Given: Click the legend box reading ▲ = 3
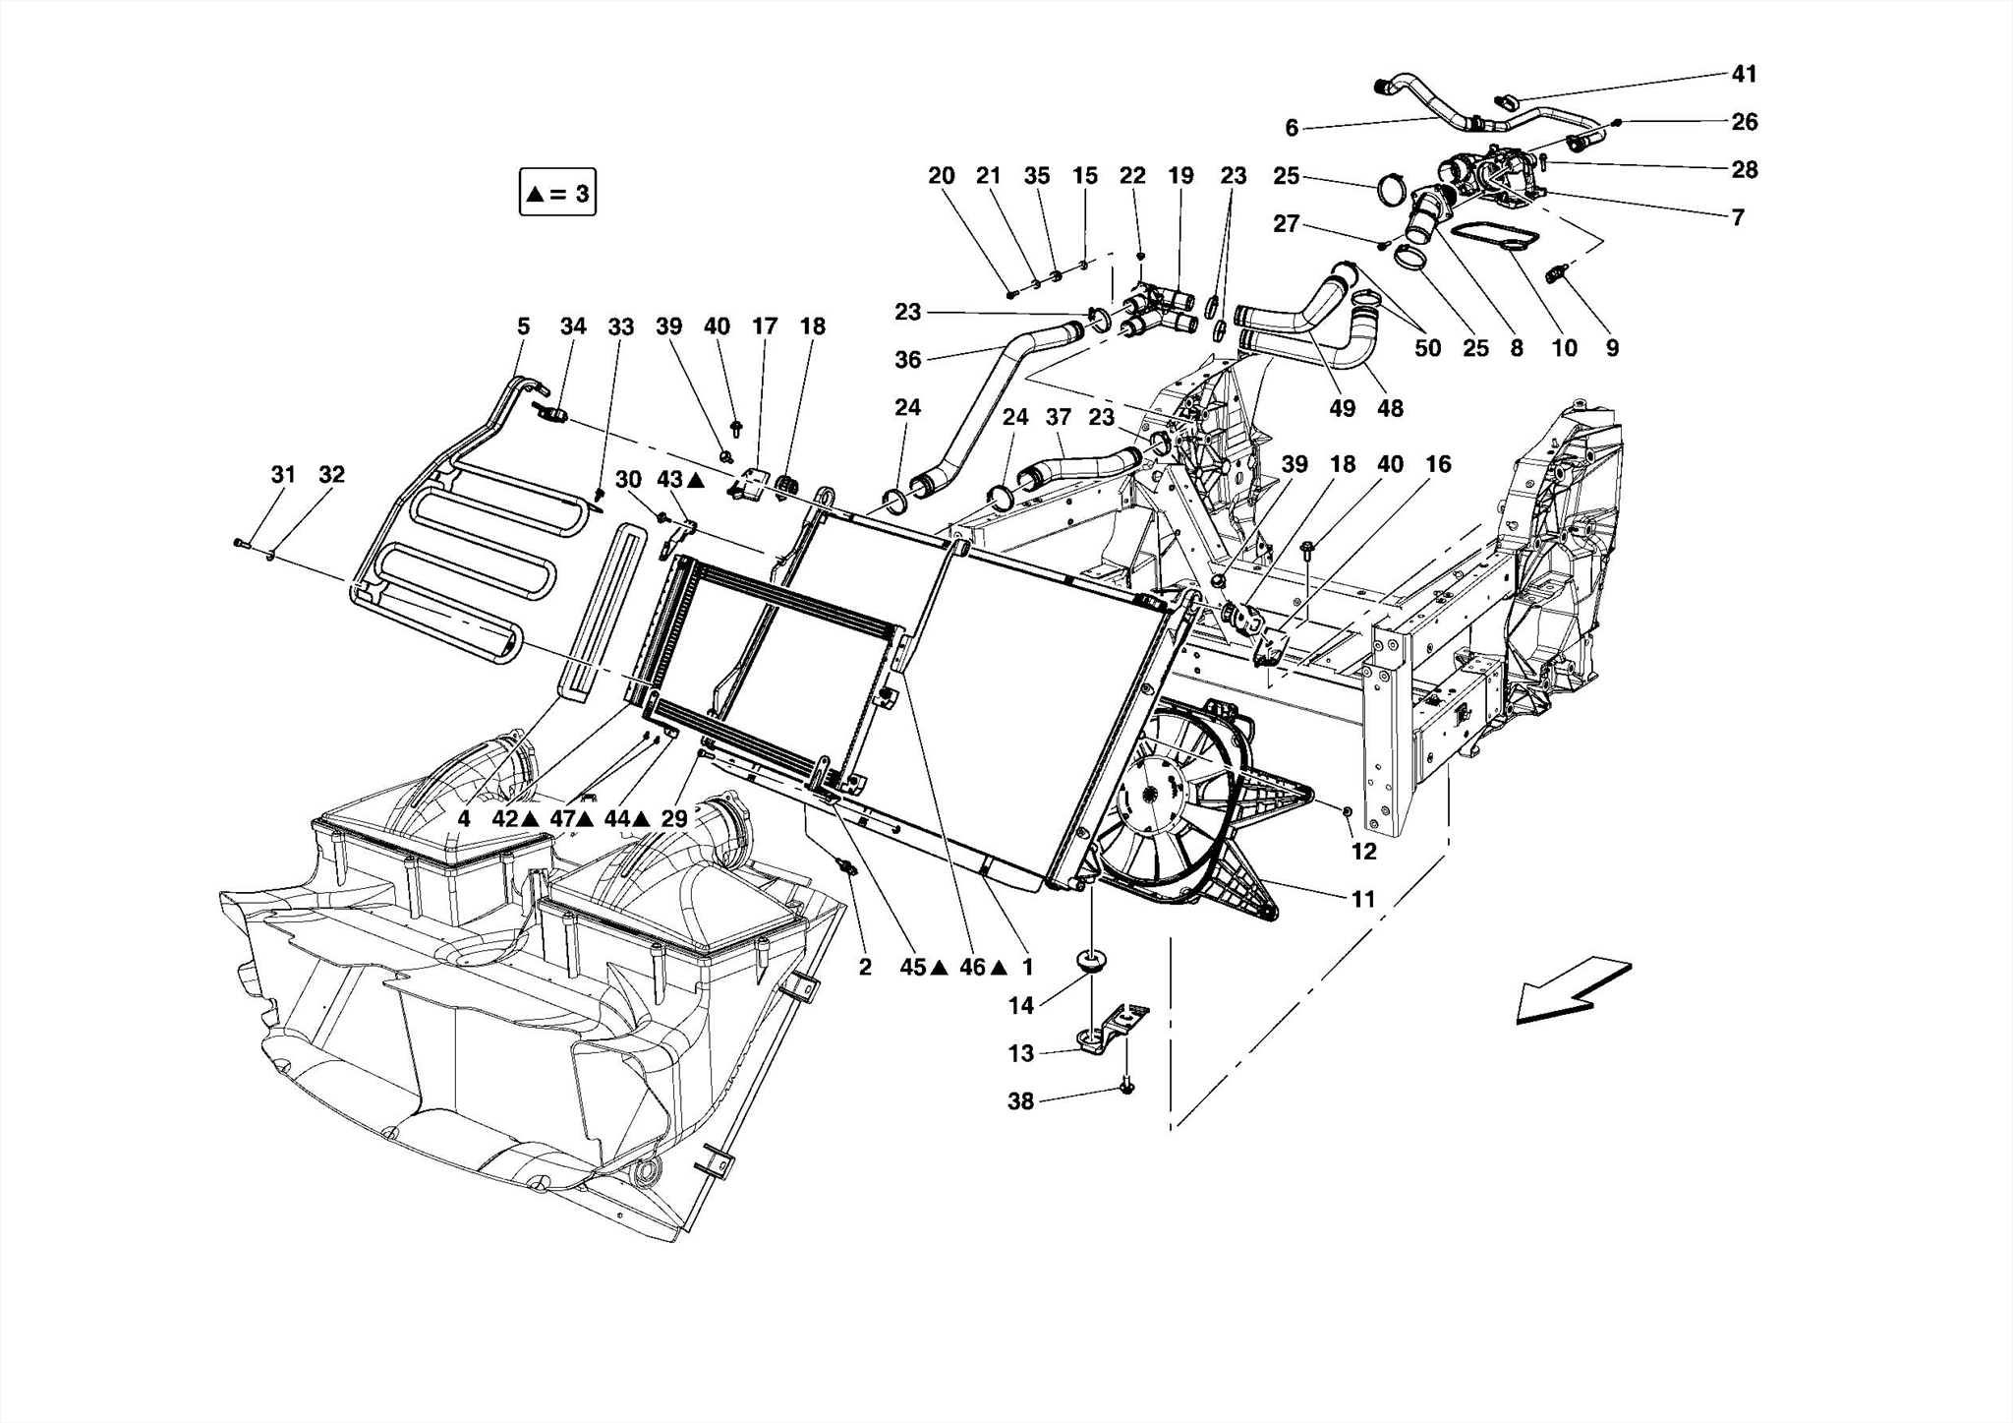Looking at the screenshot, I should click(557, 193).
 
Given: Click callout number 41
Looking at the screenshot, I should click(1744, 74).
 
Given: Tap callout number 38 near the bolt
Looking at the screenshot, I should click(1021, 1101).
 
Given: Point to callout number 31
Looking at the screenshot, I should click(283, 475).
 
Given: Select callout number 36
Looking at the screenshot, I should click(908, 360).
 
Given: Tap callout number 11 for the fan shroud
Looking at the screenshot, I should click(1362, 899).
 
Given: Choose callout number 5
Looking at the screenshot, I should click(523, 326).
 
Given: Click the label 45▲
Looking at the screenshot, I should click(923, 968).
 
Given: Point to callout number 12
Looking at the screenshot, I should click(1363, 852).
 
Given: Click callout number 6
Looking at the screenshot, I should click(1292, 128).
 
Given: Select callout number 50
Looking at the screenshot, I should click(1428, 348).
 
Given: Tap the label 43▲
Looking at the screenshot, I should click(679, 480).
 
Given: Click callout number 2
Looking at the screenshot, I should click(865, 968).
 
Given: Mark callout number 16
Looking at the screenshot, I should click(1438, 464).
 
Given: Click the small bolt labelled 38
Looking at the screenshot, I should click(1126, 1089).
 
